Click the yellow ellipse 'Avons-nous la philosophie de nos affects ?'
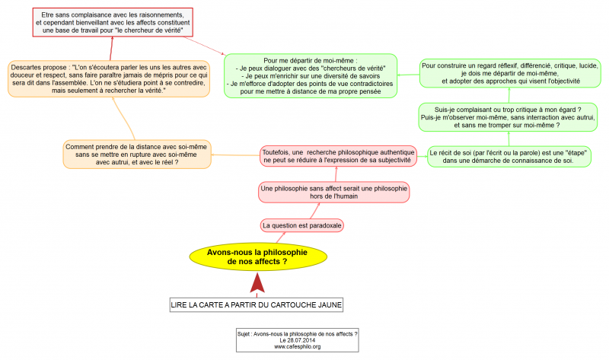[x=257, y=256]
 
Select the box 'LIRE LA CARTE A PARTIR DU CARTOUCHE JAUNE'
[x=257, y=304]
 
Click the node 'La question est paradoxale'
[x=301, y=225]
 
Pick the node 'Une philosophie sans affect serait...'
[x=334, y=192]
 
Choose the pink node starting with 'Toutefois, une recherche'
[x=338, y=156]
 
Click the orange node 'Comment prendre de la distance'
[x=137, y=155]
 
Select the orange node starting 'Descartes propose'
[x=108, y=78]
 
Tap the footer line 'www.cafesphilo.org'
[x=297, y=346]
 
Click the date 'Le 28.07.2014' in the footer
[x=297, y=340]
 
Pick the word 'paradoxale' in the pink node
[x=320, y=225]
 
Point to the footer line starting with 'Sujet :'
[x=297, y=334]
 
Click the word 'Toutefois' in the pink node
[x=276, y=151]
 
